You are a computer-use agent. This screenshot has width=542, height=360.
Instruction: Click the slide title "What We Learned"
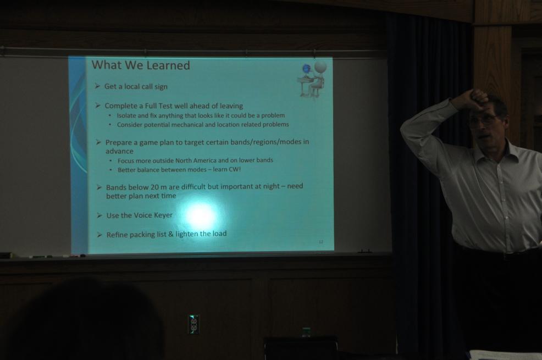coord(141,65)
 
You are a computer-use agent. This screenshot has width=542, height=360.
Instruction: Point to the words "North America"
coord(196,160)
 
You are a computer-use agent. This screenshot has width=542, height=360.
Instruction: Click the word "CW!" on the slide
coord(234,169)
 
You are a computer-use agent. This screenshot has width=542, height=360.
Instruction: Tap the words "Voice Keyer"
coord(153,215)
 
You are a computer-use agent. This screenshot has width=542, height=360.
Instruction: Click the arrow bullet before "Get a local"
coord(97,86)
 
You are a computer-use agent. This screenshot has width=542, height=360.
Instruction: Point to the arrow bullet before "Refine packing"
coord(99,235)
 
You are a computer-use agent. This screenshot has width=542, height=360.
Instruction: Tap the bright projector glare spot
coord(201,215)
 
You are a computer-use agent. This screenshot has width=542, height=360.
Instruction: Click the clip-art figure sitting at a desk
coord(312,80)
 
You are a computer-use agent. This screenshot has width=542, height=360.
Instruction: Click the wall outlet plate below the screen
coord(193,324)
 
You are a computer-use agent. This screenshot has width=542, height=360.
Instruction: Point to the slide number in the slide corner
coord(321,242)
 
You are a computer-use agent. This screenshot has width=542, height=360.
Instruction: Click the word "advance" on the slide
coord(119,151)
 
